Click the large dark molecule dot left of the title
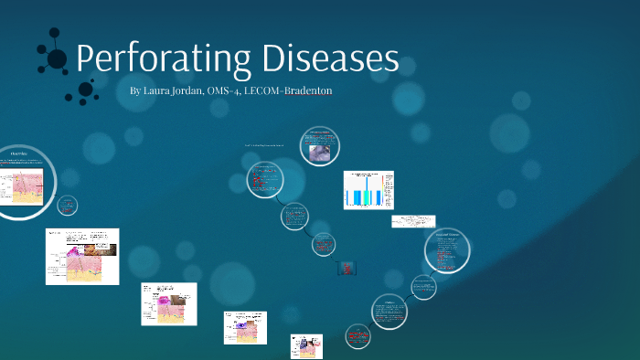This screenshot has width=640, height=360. click(x=57, y=59)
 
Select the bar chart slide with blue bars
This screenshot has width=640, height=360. click(x=368, y=189)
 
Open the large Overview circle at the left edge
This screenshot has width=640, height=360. click(x=21, y=182)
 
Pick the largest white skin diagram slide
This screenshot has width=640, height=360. click(x=81, y=256)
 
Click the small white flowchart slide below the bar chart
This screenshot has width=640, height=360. click(x=413, y=221)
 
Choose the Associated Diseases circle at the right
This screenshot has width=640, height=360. click(x=448, y=250)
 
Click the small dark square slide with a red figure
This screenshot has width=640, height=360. click(x=347, y=269)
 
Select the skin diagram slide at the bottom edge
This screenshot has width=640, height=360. click(x=307, y=346)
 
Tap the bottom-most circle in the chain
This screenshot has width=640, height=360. click(x=358, y=337)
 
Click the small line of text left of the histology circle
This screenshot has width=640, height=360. click(x=264, y=145)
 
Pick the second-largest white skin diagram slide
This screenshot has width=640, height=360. click(x=169, y=303)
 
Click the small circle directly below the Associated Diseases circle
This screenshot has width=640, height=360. click(x=422, y=286)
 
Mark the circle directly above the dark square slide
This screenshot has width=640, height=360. click(x=323, y=244)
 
